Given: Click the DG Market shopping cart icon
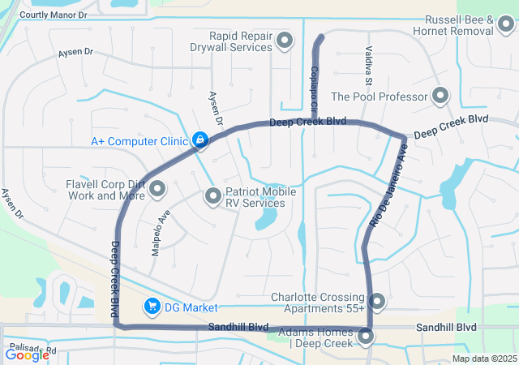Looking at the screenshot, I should (151, 307).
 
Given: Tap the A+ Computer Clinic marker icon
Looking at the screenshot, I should (200, 141).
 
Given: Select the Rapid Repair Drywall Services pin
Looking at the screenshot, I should (285, 41).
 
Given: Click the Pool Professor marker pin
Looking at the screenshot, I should (440, 97).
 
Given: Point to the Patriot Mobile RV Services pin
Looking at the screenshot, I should (213, 195).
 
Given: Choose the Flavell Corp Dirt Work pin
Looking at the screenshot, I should (157, 189).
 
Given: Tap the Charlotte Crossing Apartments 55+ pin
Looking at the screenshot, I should (377, 302).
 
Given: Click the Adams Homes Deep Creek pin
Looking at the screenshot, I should (367, 335).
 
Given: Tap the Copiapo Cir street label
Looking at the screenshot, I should (314, 80).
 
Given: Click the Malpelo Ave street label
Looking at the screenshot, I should (159, 233).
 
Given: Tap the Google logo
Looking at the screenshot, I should (27, 354).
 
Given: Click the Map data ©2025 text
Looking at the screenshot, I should (484, 359).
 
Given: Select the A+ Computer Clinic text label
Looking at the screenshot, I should (139, 141).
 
